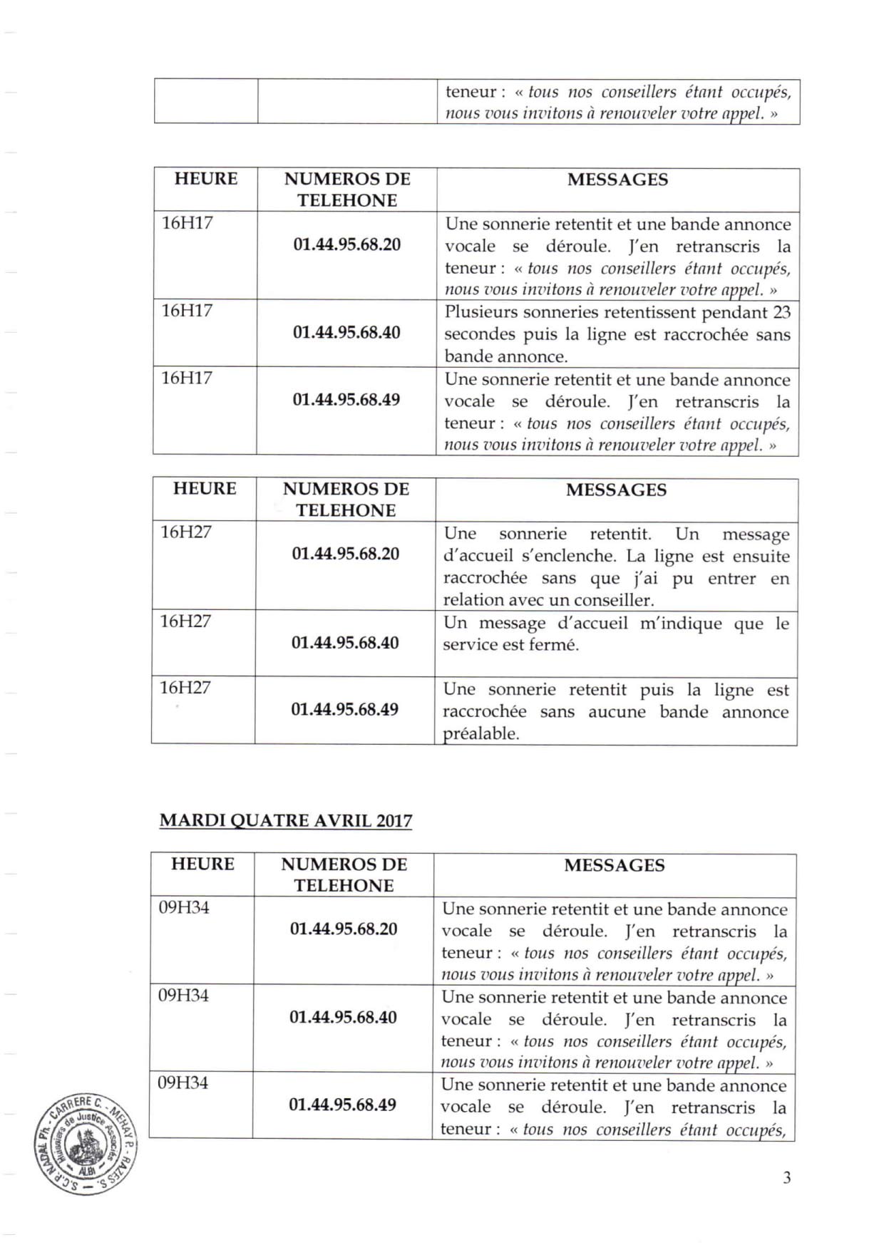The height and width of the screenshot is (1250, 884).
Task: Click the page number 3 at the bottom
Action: (786, 1177)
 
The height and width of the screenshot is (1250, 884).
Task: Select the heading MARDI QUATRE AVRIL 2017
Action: (286, 820)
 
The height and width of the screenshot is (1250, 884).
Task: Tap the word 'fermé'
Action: (552, 645)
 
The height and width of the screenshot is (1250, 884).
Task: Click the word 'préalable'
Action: (480, 733)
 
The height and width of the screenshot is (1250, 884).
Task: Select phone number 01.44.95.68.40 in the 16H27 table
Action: (345, 642)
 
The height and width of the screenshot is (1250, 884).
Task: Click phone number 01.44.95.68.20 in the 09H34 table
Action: (344, 929)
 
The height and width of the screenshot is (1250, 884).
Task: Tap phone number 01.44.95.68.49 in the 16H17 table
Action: (346, 399)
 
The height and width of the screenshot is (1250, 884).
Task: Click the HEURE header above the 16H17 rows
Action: (206, 178)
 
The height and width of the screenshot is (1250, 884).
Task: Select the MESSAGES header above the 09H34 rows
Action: (615, 865)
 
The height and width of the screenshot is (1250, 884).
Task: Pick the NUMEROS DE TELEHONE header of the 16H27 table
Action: (346, 499)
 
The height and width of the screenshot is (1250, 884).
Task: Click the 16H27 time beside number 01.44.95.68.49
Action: (185, 688)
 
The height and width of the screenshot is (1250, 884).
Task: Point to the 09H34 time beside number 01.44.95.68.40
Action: (183, 995)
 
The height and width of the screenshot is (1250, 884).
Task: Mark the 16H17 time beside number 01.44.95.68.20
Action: (187, 223)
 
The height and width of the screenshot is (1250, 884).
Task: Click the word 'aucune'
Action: (617, 711)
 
